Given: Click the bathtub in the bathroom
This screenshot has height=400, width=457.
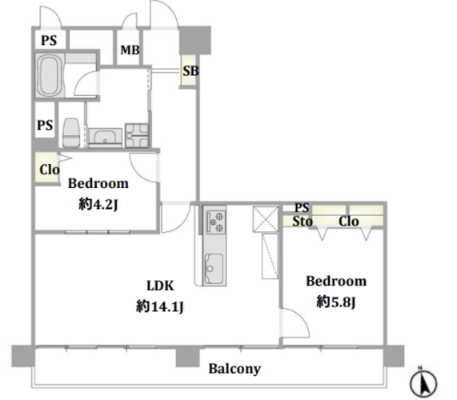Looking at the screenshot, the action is pos(49,75).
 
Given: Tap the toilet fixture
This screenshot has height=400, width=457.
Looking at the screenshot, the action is pos(71,133).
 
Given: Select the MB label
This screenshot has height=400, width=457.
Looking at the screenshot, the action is pos(130,50).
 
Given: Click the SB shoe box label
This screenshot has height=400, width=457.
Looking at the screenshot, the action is pos(190,70).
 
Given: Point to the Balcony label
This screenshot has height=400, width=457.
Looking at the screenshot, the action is pos(235,369).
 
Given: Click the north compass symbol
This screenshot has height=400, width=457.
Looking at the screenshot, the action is pos(423,383).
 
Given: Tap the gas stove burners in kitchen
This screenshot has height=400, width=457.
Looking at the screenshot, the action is pos(216,222).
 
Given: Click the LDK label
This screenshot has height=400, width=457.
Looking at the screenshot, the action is pos(160,286).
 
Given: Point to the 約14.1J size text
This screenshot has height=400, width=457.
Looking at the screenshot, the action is pos(160,306).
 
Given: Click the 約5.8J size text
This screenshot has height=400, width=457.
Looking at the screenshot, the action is pos(336,302).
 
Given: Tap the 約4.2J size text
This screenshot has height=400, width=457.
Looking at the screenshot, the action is pos(98,204).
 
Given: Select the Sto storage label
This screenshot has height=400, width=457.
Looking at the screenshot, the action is pos(303,222).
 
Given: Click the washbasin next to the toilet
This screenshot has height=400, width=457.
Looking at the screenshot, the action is pos(105,138).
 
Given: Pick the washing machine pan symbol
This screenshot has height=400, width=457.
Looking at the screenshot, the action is pos(137,135).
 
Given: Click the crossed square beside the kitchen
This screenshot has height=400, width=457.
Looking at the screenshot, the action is pos(266,219).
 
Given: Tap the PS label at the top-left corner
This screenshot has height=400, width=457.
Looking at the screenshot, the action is pos(49,40).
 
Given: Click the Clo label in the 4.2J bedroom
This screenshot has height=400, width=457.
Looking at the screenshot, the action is pos(50,170).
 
